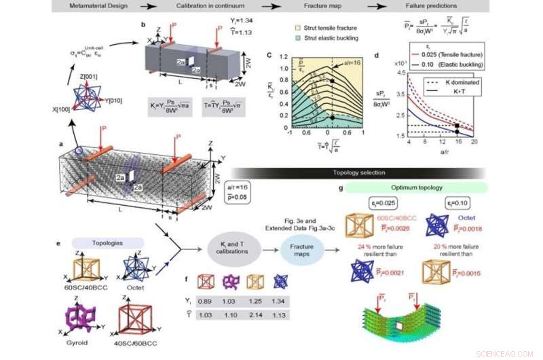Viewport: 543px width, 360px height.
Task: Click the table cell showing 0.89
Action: [202, 301]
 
